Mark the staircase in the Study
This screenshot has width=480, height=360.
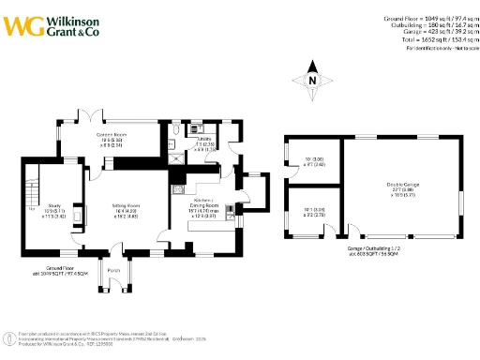point(33,196)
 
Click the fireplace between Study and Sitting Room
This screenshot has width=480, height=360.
point(79,212)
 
